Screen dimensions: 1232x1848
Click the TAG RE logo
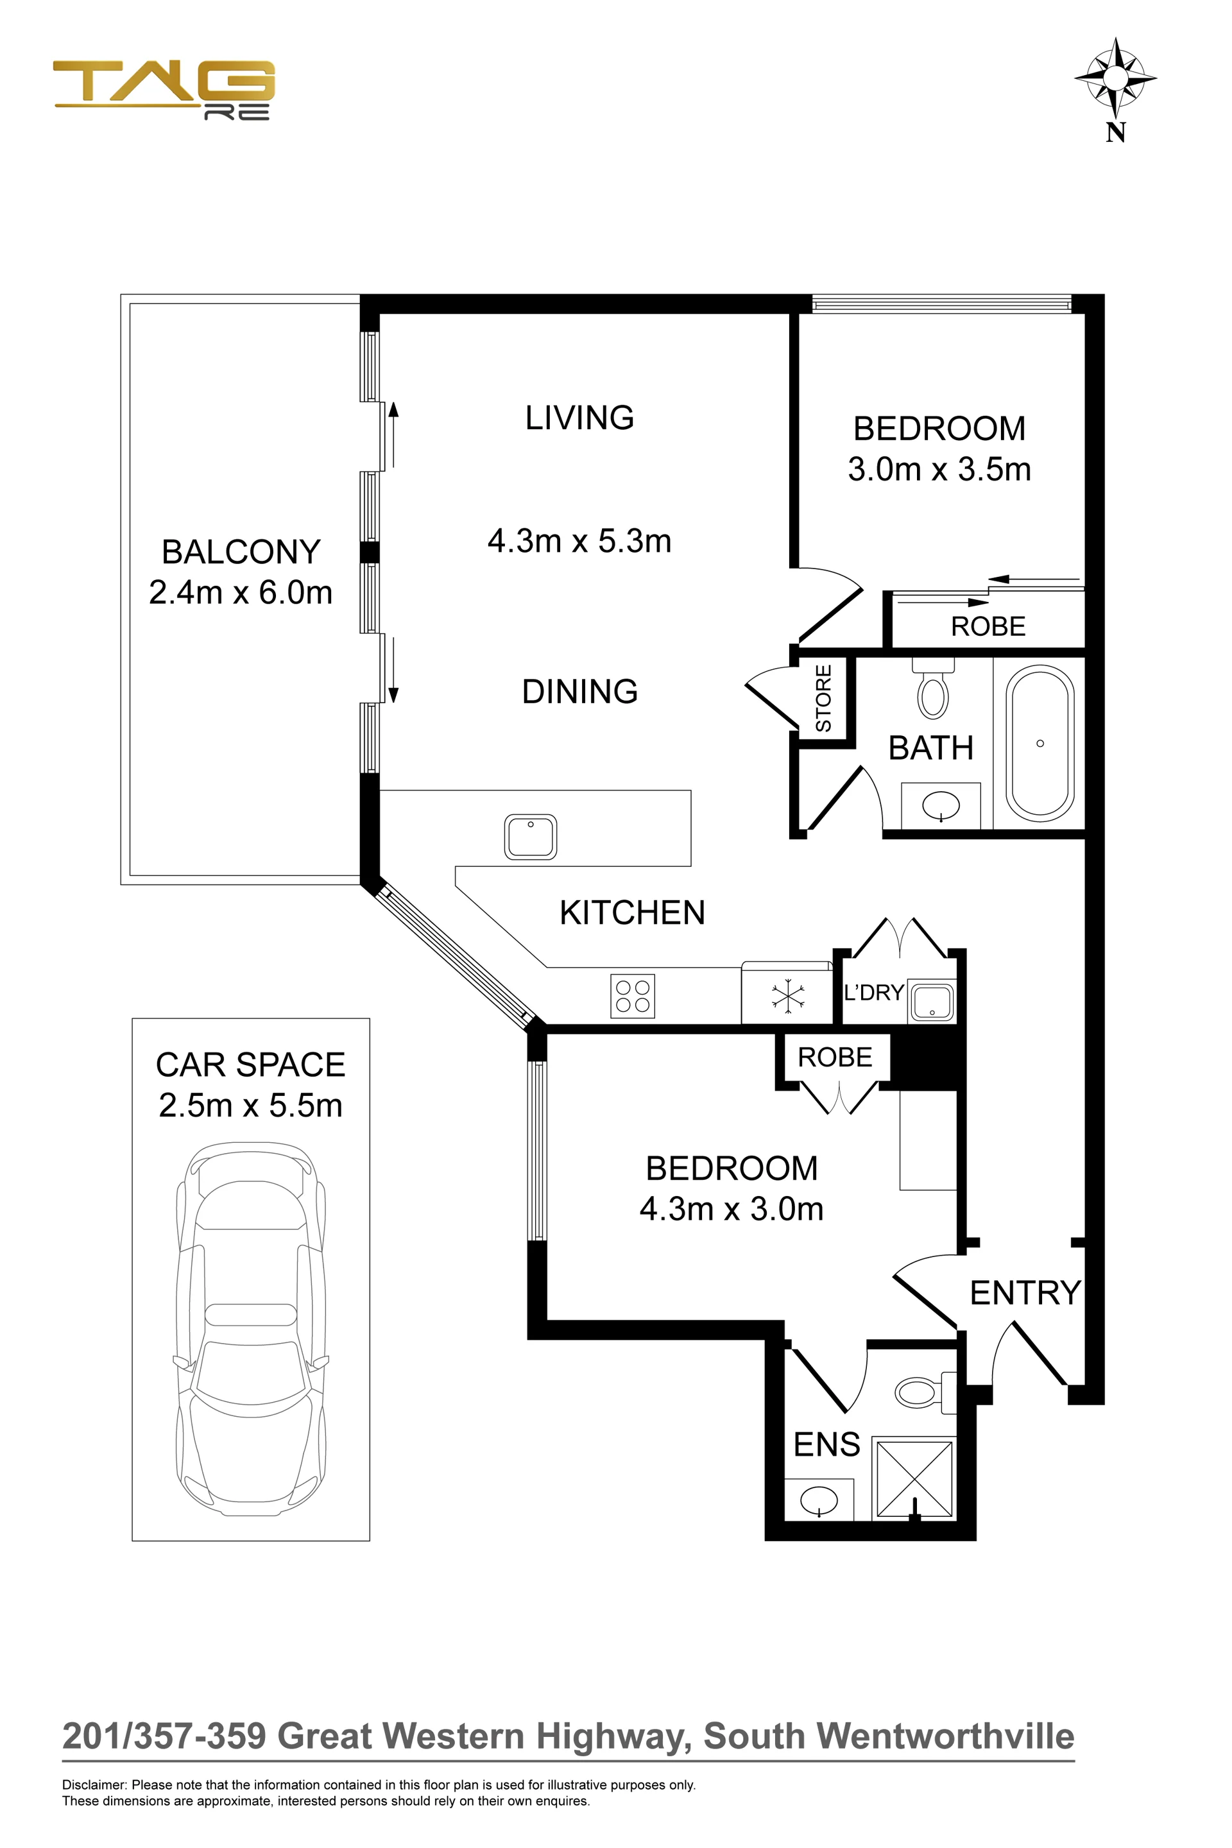click(x=164, y=90)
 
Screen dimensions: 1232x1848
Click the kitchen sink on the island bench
click(x=531, y=836)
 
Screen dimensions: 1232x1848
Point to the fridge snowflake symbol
click(x=787, y=997)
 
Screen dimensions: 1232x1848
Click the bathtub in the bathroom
click(x=1040, y=743)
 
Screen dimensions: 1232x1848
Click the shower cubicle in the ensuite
click(x=914, y=1478)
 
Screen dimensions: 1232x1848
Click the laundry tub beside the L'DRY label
click(x=932, y=1002)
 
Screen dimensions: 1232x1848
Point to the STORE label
click(x=823, y=697)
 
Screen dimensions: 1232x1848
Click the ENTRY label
click(x=1025, y=1292)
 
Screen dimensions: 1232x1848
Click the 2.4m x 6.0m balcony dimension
click(x=241, y=592)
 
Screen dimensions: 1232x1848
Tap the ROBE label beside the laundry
click(x=834, y=1057)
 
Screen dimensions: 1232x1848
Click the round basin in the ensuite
click(x=819, y=1501)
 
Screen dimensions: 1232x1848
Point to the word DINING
click(x=580, y=692)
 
